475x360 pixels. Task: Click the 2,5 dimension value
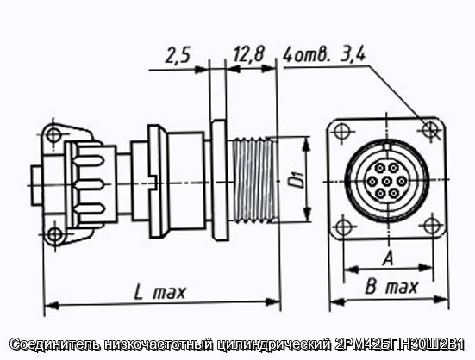[x=178, y=56]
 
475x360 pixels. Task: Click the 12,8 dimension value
[x=249, y=54]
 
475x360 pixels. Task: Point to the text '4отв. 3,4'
[x=324, y=55]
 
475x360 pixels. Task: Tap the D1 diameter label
[x=299, y=179]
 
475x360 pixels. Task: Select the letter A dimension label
[x=388, y=258]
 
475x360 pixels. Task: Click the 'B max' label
[x=391, y=287]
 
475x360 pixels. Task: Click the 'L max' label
[x=159, y=292]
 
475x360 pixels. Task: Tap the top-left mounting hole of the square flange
[x=341, y=131]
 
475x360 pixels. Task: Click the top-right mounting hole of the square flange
[x=429, y=129]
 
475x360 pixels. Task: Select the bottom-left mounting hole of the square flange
[x=343, y=227]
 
